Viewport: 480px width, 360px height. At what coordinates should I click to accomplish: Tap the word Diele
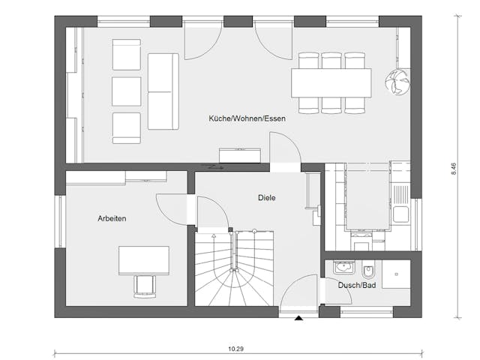click(265, 198)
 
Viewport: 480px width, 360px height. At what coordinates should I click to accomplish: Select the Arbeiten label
click(112, 218)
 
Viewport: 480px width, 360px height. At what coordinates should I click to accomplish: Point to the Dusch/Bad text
click(357, 286)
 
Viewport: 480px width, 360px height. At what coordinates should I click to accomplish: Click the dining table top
click(331, 82)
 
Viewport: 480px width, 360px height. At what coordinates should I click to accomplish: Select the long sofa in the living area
click(163, 91)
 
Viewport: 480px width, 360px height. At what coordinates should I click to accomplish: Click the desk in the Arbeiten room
click(143, 259)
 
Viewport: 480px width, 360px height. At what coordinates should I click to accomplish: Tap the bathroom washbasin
click(344, 267)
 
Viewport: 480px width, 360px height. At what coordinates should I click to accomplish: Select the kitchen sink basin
click(402, 214)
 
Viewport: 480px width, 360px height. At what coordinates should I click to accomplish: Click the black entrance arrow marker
click(299, 319)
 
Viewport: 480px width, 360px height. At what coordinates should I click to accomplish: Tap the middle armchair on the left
click(126, 91)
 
